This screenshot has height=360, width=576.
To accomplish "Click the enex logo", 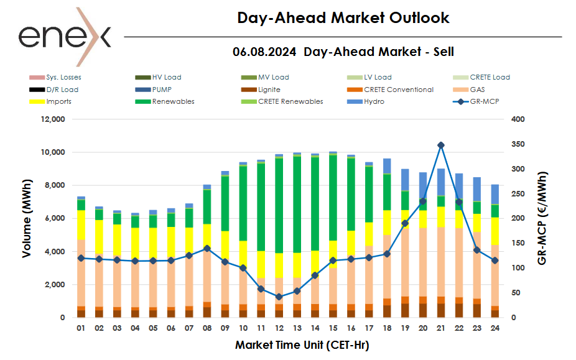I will pos(65,36).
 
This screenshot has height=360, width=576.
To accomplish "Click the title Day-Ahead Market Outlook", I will pos(343,17).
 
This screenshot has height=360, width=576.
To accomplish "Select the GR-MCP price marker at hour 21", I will pos(441,145).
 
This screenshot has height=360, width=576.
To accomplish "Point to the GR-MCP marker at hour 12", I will pos(279,297).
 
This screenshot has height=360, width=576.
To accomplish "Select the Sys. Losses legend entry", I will pos(55,78).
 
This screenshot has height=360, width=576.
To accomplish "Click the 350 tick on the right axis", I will pos(518,144).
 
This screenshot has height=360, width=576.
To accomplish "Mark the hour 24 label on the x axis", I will pos(494,328).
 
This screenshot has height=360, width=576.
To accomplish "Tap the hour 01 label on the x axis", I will pos(81,328).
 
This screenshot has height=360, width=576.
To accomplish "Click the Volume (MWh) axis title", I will pos(27,218).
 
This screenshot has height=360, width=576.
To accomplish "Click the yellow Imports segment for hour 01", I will pos(81,224).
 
